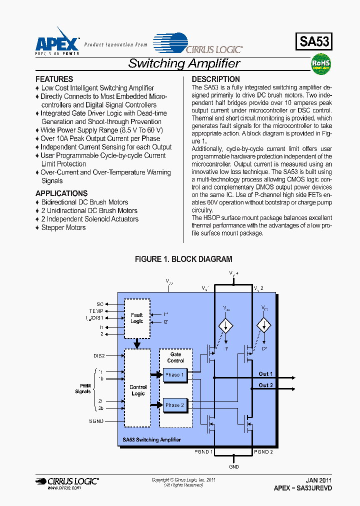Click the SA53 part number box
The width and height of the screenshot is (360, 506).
(x=314, y=41)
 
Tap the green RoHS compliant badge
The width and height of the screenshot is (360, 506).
(x=321, y=65)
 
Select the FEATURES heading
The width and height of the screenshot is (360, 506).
(x=54, y=79)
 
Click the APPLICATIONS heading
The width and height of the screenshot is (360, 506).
(x=61, y=193)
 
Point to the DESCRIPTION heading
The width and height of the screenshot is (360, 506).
(x=215, y=79)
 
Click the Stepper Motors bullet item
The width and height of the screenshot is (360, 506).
(x=63, y=227)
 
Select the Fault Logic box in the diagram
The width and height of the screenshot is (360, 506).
(x=137, y=318)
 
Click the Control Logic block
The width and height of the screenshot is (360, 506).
(x=137, y=390)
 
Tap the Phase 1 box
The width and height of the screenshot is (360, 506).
(x=174, y=375)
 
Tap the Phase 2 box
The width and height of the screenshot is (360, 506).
(x=174, y=405)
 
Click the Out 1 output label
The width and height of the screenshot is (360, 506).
(x=266, y=374)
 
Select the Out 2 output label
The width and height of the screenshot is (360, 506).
(x=266, y=385)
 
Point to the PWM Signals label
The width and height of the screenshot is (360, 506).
(x=83, y=388)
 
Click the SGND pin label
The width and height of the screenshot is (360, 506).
(x=96, y=421)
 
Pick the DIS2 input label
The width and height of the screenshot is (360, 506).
(x=98, y=356)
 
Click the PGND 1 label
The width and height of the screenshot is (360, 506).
(x=204, y=451)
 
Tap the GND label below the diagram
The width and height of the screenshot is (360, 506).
(x=234, y=466)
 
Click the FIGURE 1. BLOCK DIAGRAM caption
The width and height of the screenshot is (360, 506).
(x=183, y=259)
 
